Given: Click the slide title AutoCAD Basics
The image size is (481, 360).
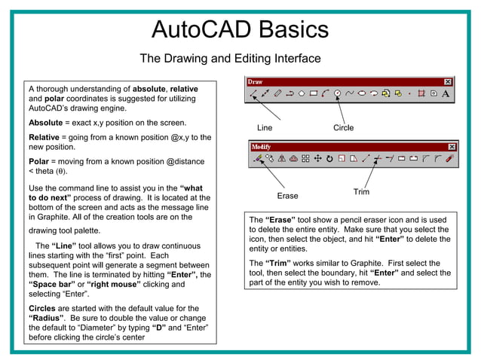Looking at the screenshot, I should (x=240, y=29).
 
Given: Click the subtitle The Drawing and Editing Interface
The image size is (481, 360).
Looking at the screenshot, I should (x=230, y=59).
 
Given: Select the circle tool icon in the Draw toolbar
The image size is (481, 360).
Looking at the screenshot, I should (x=338, y=94).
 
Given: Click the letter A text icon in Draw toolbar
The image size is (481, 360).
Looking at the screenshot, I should (x=446, y=94).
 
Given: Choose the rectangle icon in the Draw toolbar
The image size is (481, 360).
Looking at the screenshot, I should (x=313, y=94).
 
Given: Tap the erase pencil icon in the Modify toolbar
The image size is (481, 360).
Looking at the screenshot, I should (x=257, y=159).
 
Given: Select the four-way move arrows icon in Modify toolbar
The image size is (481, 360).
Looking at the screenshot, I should (x=317, y=159).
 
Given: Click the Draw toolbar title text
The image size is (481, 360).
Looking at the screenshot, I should (x=256, y=81).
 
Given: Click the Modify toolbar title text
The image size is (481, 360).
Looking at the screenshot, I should (x=260, y=147).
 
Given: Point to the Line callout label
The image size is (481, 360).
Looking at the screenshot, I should (x=265, y=127).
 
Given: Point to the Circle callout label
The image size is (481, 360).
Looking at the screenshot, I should (x=343, y=127).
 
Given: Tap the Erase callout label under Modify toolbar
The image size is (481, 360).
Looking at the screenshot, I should (x=287, y=196).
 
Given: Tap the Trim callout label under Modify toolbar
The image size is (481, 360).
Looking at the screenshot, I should (x=361, y=192).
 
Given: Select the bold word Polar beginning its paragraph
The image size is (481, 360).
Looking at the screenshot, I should (x=38, y=161).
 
